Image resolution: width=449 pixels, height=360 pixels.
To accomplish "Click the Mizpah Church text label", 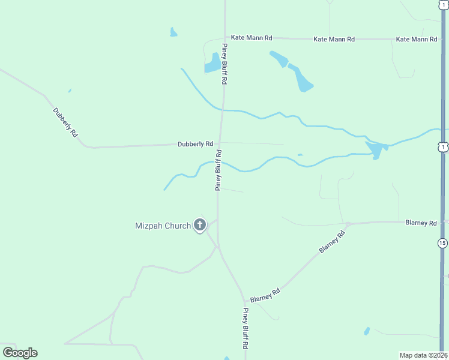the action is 163,226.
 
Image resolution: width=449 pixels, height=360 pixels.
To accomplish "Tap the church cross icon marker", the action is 200,226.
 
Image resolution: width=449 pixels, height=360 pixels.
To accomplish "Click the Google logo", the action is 20,353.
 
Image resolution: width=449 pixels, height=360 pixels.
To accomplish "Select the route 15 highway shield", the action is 442,243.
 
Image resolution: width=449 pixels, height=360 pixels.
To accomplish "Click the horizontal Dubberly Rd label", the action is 196,144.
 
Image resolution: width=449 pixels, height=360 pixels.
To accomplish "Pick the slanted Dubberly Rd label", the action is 65,123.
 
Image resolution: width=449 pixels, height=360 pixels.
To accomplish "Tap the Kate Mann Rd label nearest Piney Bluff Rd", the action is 252,38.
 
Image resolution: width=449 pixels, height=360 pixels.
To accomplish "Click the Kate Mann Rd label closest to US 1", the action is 416,39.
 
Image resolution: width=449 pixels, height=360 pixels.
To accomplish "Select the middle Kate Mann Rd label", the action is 334,39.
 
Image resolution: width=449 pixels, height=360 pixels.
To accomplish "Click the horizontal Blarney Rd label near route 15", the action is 421,223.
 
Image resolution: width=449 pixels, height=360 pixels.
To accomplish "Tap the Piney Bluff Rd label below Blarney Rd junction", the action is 245,329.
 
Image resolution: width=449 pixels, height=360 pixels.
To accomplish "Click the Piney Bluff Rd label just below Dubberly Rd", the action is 219,170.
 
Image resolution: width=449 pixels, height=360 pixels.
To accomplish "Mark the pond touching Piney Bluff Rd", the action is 212,63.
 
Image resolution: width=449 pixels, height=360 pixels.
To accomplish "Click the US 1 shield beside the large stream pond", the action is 442,147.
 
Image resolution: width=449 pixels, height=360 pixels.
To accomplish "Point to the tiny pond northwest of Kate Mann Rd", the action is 173,32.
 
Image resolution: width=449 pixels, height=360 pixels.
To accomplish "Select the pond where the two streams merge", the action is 376,149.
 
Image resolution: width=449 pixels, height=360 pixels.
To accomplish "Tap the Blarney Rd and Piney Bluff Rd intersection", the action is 245,301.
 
